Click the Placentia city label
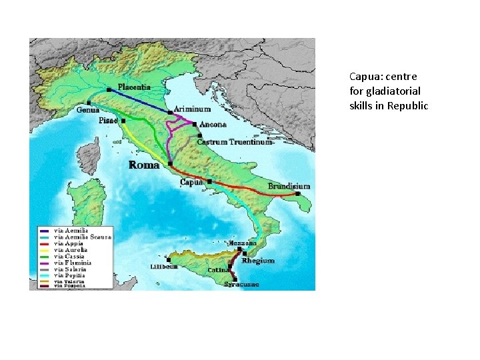[134, 87]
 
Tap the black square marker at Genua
[89, 103]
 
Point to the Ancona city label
[213, 124]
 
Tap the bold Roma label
[143, 164]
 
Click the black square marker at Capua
[209, 181]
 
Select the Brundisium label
[289, 186]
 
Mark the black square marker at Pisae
[123, 121]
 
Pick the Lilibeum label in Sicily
[163, 266]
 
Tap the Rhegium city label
[258, 261]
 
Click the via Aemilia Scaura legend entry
[83, 237]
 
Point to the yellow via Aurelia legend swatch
[45, 250]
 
